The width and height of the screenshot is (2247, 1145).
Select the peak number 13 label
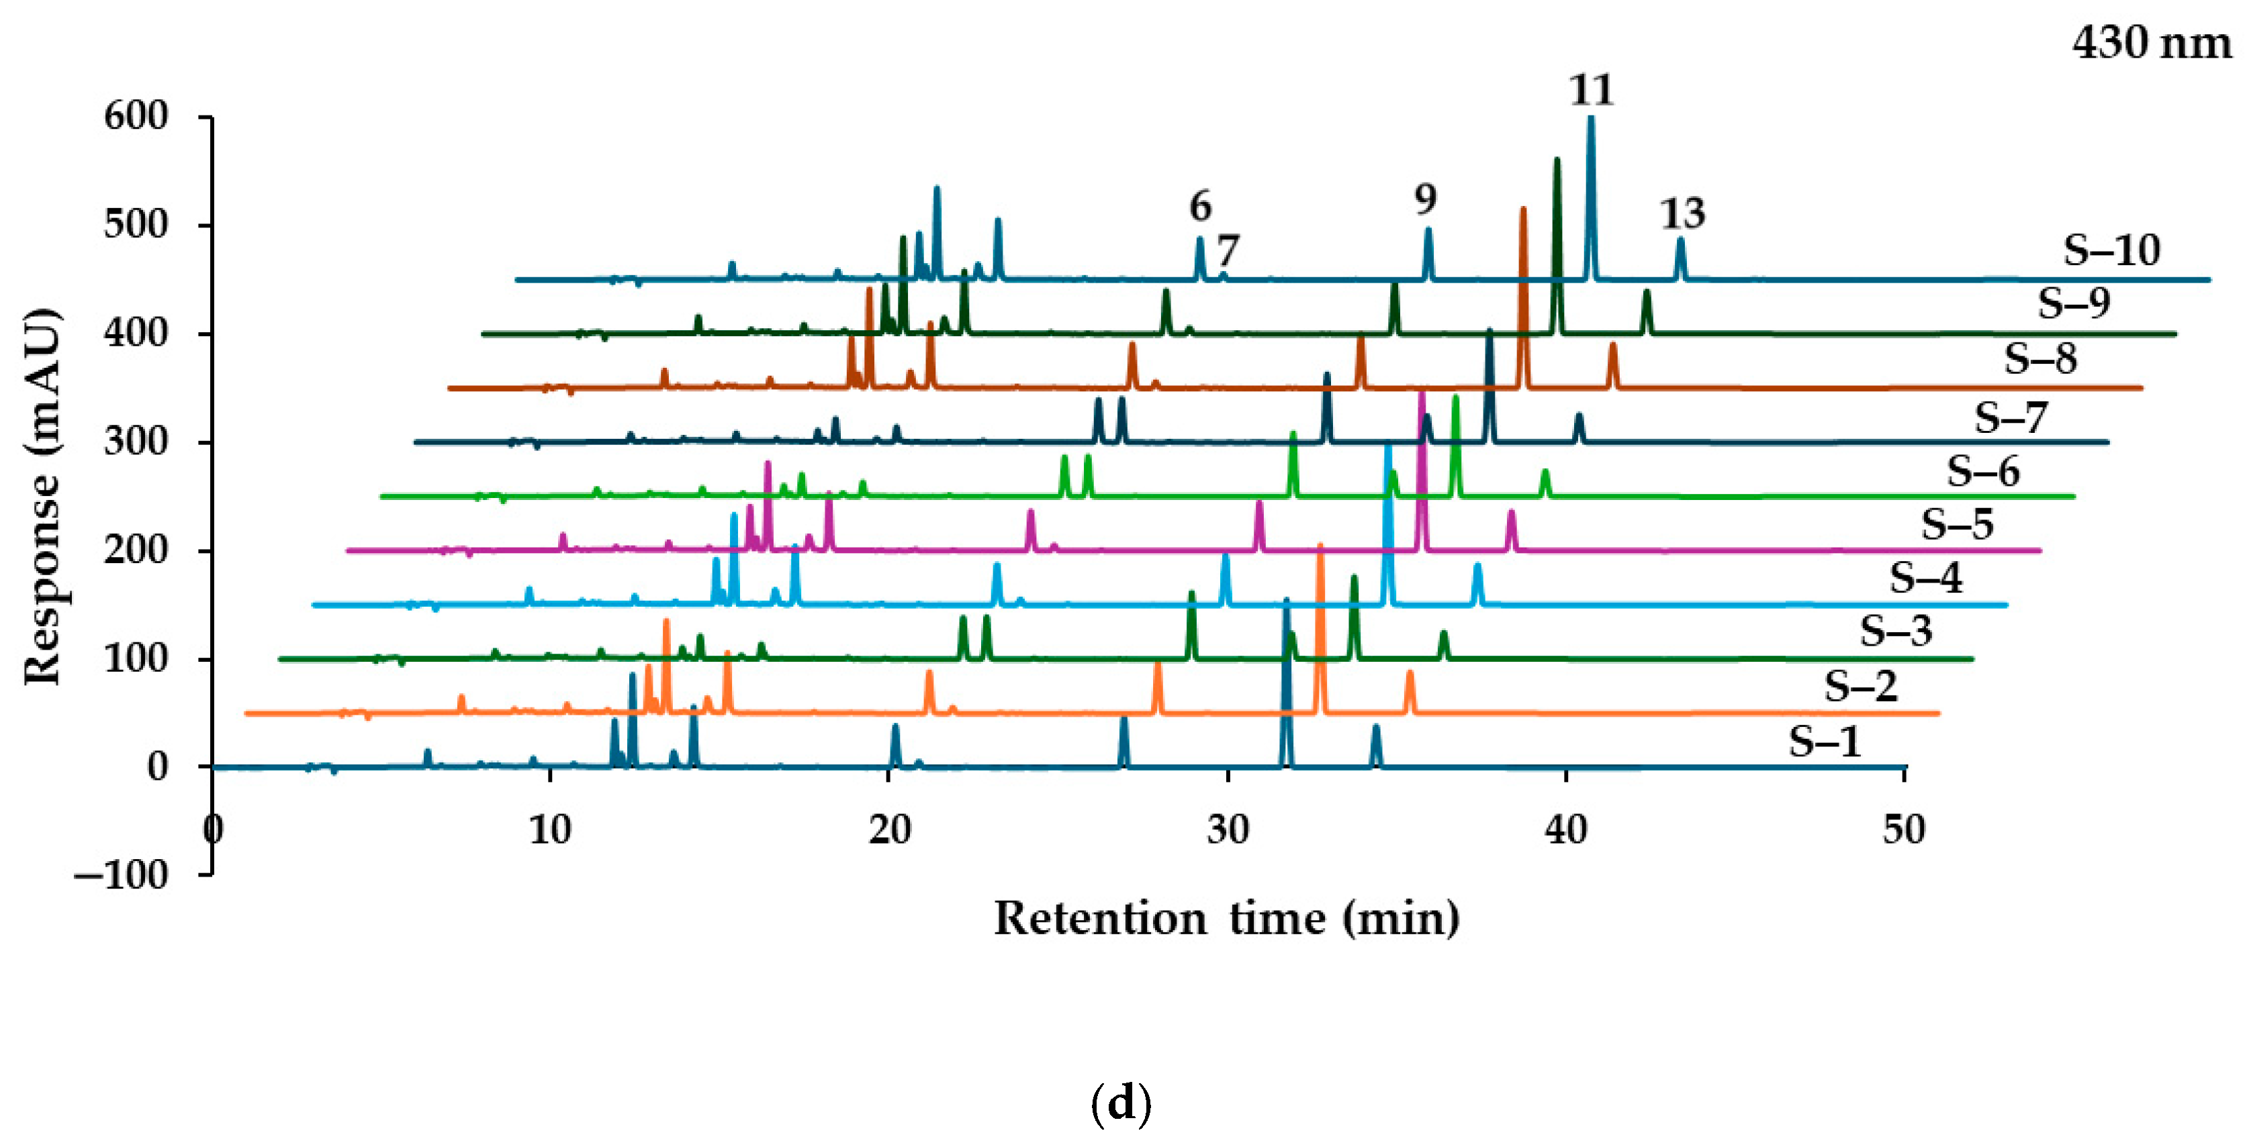tap(1682, 213)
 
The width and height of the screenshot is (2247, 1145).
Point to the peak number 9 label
tap(1425, 200)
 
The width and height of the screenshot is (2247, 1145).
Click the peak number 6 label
tap(1200, 207)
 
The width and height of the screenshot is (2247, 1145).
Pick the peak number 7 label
tap(1228, 252)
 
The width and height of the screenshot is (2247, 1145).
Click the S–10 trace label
tap(2111, 251)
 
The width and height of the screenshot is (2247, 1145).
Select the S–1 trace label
tap(1825, 742)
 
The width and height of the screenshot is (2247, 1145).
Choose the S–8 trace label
tap(2040, 358)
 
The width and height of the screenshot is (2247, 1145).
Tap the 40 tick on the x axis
tap(1566, 830)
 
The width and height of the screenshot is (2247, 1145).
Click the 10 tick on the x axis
tap(551, 830)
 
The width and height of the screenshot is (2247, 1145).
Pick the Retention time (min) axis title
tap(1226, 918)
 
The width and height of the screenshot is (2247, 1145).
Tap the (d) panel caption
tap(1121, 1104)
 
